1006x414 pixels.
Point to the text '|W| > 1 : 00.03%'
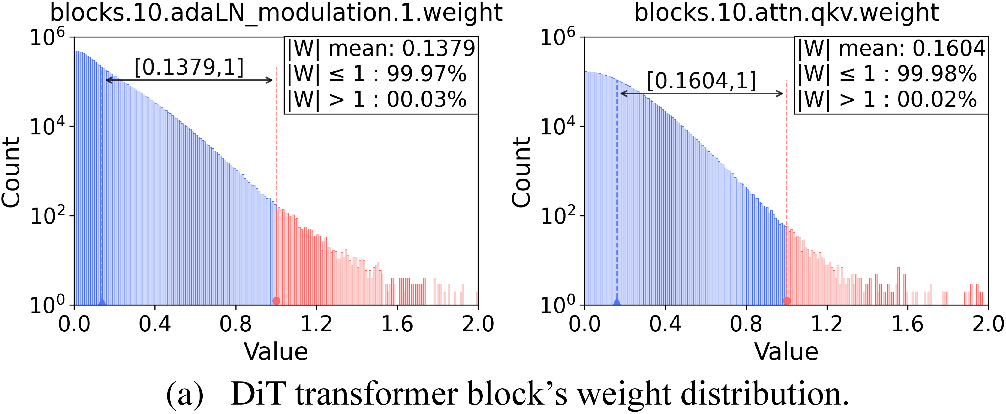click(x=377, y=100)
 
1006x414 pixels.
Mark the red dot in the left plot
click(x=276, y=301)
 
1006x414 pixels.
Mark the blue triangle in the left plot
click(x=102, y=301)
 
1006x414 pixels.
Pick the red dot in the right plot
click(x=787, y=301)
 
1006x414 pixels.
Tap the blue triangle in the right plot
click(x=617, y=301)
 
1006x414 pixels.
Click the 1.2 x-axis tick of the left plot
click(x=316, y=324)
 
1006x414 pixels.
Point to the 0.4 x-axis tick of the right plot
click(x=665, y=324)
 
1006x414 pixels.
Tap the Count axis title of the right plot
click(x=521, y=172)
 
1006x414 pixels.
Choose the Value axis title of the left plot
click(x=276, y=352)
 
